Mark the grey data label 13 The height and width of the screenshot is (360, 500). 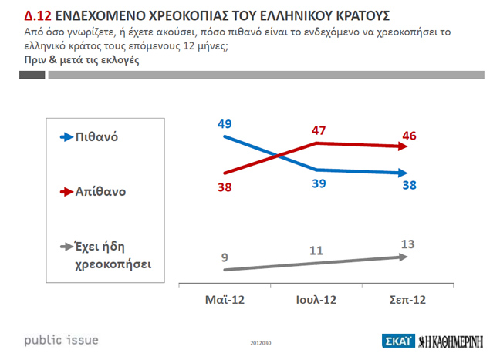(x=409, y=244)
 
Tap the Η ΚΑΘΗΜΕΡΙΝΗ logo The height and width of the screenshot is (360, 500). (x=455, y=340)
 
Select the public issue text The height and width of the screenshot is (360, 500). (x=62, y=340)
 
